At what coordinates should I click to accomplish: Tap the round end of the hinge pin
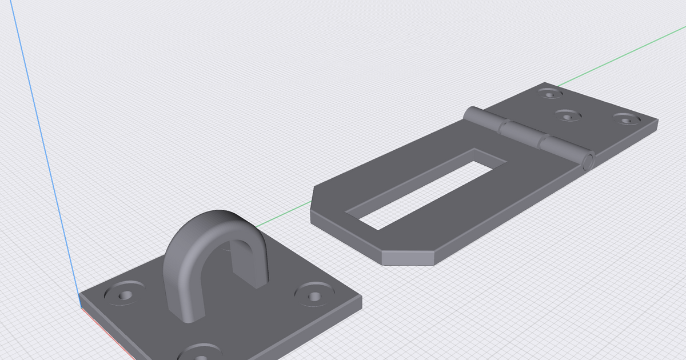coord(588,162)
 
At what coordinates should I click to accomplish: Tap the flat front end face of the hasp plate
coord(407,258)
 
